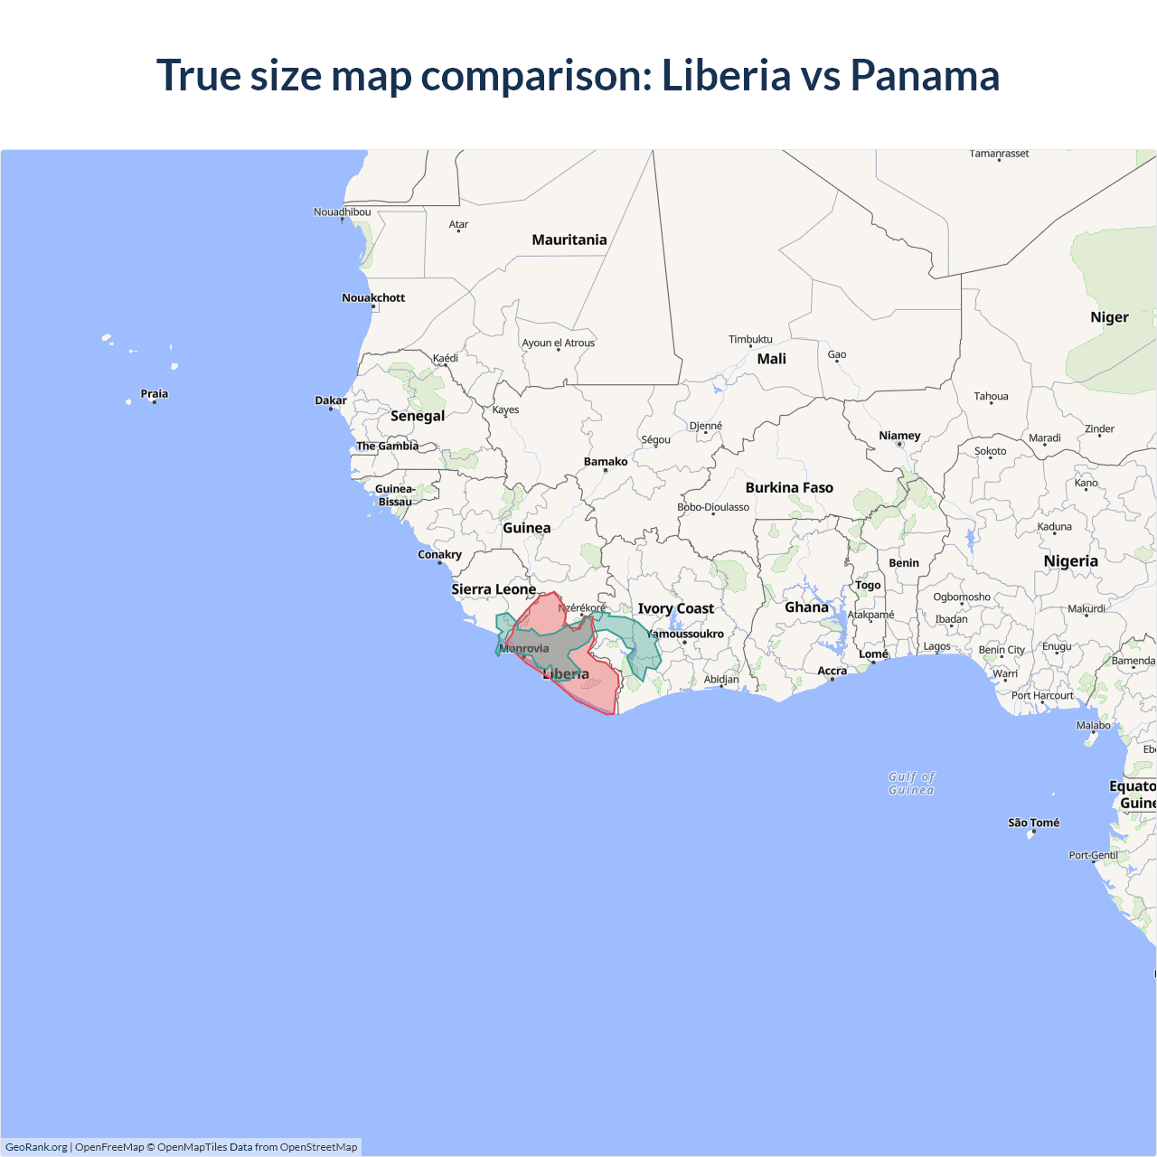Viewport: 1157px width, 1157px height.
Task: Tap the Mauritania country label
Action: click(x=569, y=240)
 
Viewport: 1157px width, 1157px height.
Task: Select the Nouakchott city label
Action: click(x=373, y=297)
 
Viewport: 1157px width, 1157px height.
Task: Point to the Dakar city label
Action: click(x=331, y=400)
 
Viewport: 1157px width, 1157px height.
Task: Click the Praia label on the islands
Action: click(x=155, y=393)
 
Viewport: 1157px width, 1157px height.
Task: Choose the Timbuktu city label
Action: click(x=750, y=339)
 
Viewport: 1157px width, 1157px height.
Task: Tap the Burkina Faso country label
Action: click(x=789, y=487)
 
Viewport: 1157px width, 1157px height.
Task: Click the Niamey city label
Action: click(x=899, y=435)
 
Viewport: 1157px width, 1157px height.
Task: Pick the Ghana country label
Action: click(x=806, y=607)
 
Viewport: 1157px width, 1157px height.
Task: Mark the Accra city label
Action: click(x=832, y=671)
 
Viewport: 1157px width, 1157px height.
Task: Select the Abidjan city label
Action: click(x=721, y=679)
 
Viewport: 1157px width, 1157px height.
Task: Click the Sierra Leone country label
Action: click(x=494, y=589)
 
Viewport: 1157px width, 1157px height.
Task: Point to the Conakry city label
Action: click(x=439, y=554)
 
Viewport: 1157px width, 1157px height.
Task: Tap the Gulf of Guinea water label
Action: click(x=911, y=783)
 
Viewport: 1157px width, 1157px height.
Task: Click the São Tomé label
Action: click(x=1033, y=823)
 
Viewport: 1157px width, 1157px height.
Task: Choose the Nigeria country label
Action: click(x=1070, y=561)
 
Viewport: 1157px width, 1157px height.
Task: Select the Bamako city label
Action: click(x=606, y=461)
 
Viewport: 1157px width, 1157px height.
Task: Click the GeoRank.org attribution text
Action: click(x=36, y=1147)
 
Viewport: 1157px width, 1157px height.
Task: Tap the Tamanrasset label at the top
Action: click(x=999, y=154)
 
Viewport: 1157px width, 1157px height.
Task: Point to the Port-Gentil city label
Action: click(x=1093, y=854)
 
